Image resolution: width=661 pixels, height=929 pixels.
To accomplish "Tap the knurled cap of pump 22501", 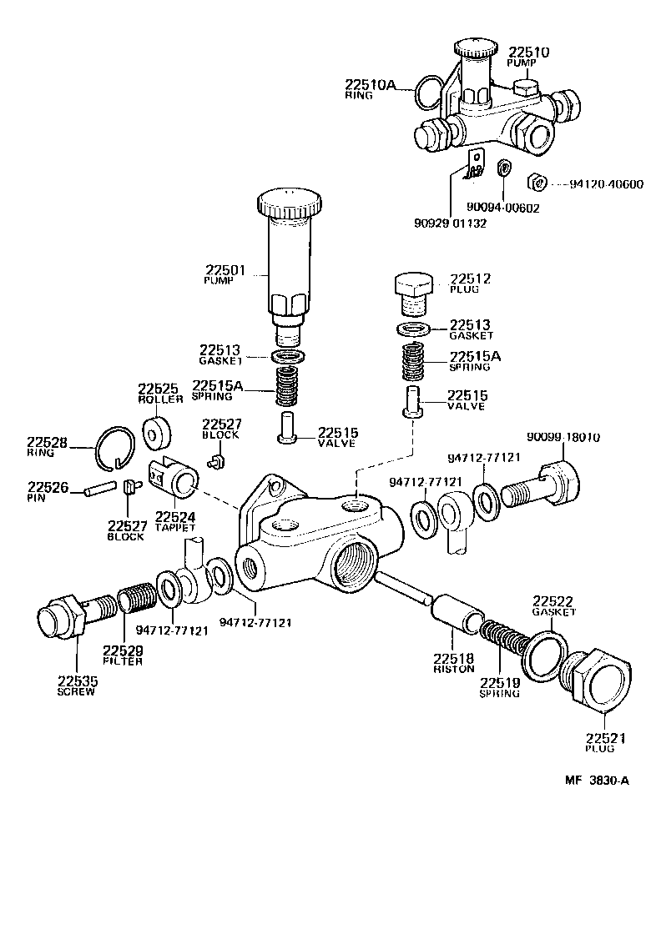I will (288, 203).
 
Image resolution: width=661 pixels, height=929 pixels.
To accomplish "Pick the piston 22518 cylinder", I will (457, 619).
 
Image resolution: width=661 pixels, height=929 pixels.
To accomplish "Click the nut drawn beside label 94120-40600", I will (537, 181).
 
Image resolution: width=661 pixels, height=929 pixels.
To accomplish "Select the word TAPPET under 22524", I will (174, 528).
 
